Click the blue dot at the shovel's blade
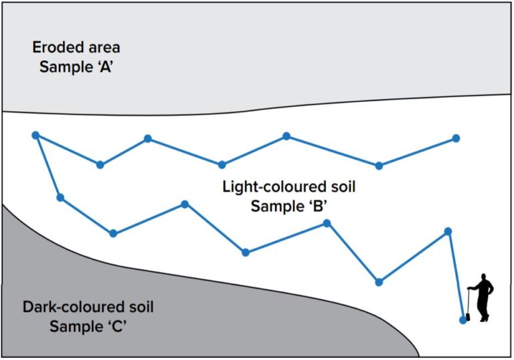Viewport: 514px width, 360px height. click(x=463, y=320)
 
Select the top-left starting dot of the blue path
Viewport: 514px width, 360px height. click(x=35, y=135)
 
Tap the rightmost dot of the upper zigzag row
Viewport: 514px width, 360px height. click(x=456, y=139)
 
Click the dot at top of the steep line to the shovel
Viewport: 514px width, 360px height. click(x=448, y=232)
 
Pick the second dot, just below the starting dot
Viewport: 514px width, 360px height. click(x=60, y=197)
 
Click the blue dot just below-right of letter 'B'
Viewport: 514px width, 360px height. click(x=327, y=223)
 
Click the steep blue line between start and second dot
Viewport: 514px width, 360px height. click(x=48, y=167)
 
